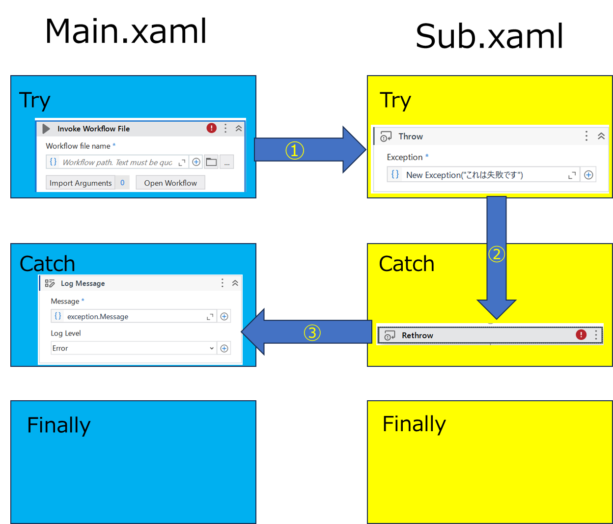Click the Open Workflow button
pyautogui.click(x=170, y=183)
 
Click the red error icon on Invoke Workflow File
pyautogui.click(x=211, y=128)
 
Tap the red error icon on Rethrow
pyautogui.click(x=581, y=334)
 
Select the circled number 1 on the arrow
pyautogui.click(x=295, y=150)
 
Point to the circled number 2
pyautogui.click(x=497, y=254)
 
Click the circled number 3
pyautogui.click(x=312, y=332)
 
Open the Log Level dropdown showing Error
pyautogui.click(x=133, y=348)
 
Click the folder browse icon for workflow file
pyautogui.click(x=211, y=162)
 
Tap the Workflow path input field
pyautogui.click(x=117, y=162)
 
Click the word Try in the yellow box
pyautogui.click(x=395, y=101)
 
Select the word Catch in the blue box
pyautogui.click(x=47, y=264)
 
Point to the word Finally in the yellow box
pyautogui.click(x=414, y=424)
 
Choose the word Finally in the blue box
pyautogui.click(x=58, y=425)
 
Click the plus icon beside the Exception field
pyautogui.click(x=588, y=175)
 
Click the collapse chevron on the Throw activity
pyautogui.click(x=601, y=136)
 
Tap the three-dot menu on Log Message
pyautogui.click(x=222, y=283)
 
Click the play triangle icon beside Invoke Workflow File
pyautogui.click(x=46, y=129)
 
